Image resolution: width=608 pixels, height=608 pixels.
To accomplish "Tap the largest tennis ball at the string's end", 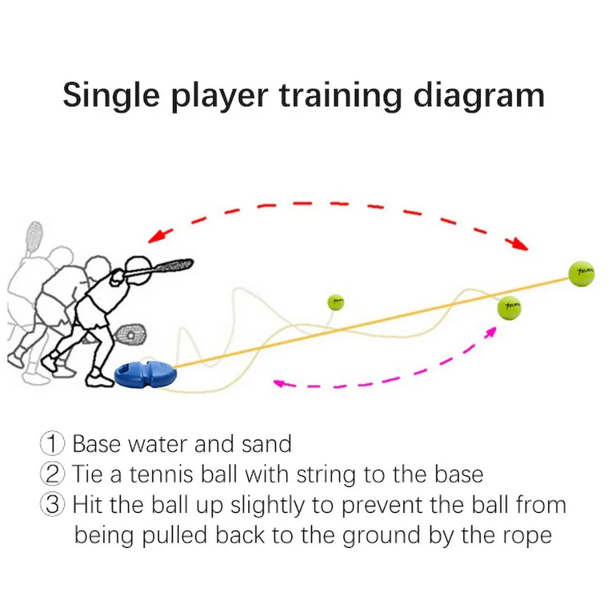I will click(580, 274).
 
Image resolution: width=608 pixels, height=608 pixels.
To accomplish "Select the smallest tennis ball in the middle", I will click(337, 302).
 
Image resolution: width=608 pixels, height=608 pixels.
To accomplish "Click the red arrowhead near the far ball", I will click(520, 243).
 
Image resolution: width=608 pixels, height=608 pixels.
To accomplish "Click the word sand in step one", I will click(267, 444).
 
